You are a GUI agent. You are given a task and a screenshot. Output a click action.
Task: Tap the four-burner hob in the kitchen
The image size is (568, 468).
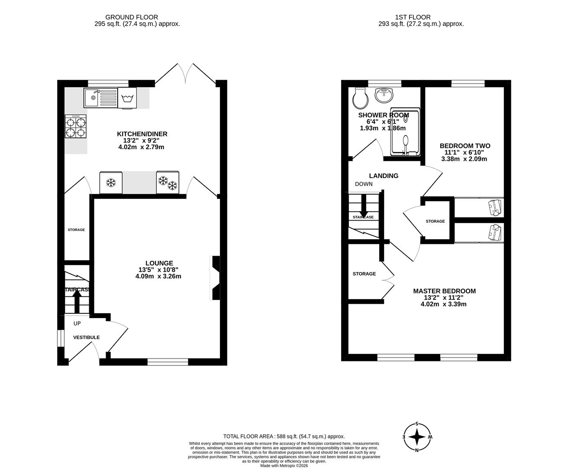pyautogui.click(x=76, y=127)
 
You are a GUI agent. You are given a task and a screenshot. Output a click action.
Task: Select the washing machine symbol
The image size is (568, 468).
pyautogui.click(x=127, y=98)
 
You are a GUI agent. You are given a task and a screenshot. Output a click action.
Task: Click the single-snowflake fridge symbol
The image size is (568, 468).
pyautogui.click(x=111, y=183)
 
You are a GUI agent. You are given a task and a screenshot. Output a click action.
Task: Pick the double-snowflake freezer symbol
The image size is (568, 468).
pyautogui.click(x=168, y=182)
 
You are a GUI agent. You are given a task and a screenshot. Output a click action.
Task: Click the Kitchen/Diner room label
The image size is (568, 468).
pyautogui.click(x=142, y=134)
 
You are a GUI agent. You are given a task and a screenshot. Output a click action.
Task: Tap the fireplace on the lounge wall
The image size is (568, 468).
pyautogui.click(x=215, y=278)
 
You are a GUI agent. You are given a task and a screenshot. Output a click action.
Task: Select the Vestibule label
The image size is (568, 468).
pyautogui.click(x=86, y=337)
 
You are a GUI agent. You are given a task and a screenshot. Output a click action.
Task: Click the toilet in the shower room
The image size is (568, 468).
pyautogui.click(x=360, y=98)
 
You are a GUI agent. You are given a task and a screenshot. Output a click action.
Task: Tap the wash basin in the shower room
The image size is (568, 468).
pyautogui.click(x=384, y=95)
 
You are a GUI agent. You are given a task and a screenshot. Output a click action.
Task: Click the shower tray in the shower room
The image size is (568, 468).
pyautogui.click(x=405, y=132)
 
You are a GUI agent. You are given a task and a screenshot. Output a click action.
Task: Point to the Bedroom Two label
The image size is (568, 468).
pyautogui.click(x=465, y=146)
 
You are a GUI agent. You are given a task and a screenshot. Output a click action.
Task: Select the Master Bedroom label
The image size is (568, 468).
pyautogui.click(x=444, y=291)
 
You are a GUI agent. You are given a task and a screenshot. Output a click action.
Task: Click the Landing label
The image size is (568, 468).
pyautogui.click(x=383, y=175)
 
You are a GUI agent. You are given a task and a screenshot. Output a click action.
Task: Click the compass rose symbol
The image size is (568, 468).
pyautogui.click(x=417, y=437)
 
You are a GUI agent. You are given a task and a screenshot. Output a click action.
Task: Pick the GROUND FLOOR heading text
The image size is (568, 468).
pyautogui.click(x=137, y=17)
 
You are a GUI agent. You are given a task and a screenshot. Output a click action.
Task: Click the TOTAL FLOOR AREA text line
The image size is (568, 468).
pyautogui.click(x=284, y=436)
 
